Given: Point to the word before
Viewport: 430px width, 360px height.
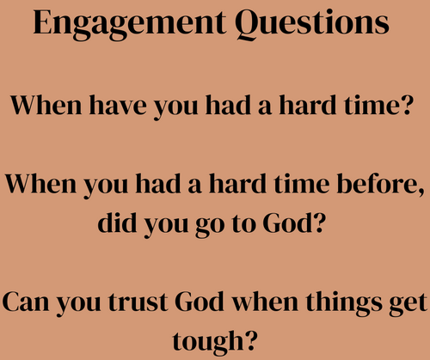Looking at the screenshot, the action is point(376,184).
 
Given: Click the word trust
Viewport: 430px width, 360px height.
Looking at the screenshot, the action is point(138,303).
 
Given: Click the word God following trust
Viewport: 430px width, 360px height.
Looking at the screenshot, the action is point(200,302).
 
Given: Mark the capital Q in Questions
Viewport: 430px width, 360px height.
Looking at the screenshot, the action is point(248,25).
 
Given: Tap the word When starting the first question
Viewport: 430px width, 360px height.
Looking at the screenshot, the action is point(46,105).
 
